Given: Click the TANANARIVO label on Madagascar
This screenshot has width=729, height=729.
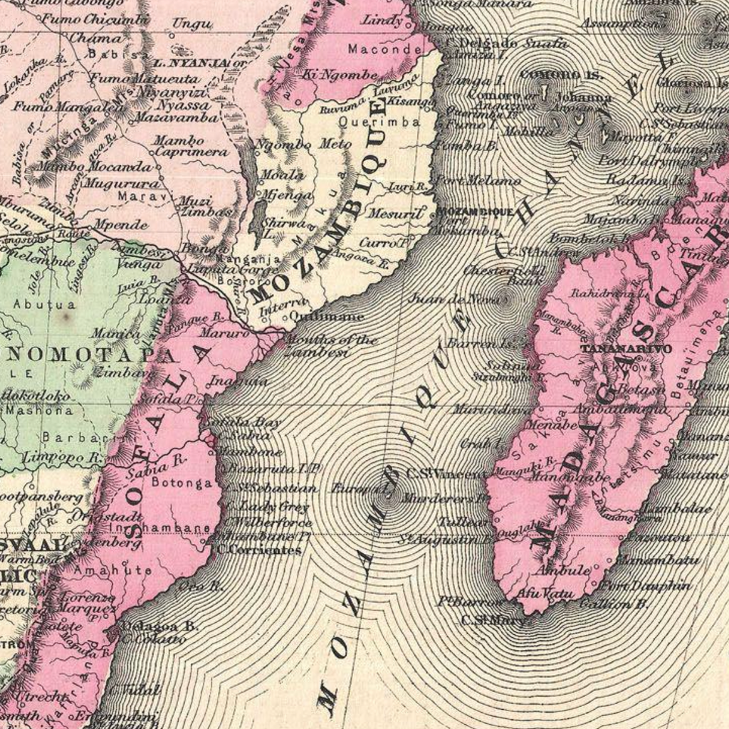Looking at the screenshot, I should click(626, 349).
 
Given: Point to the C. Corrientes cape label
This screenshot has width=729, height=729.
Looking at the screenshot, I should click(259, 550).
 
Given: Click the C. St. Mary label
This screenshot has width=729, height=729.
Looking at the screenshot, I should click(493, 620).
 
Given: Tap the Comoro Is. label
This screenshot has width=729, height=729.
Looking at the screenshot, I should click(562, 75).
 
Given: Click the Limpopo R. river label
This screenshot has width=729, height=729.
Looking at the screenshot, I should click(63, 456).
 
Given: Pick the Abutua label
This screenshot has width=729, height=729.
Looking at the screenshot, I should click(34, 304).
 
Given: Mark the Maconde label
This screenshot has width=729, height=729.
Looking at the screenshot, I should click(384, 49).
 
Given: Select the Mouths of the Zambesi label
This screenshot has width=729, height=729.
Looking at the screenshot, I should click(330, 345).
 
